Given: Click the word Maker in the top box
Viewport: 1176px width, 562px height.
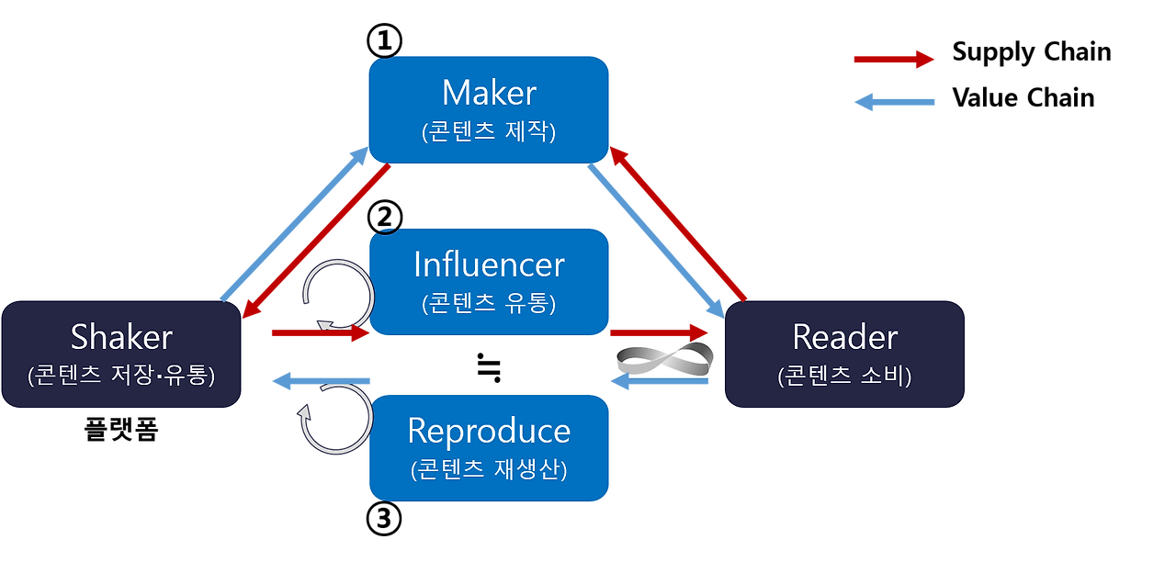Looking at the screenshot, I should coord(489,93).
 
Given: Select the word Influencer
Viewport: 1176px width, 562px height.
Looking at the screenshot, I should coord(489,264).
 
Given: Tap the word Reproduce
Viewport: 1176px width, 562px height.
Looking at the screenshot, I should coord(489,431).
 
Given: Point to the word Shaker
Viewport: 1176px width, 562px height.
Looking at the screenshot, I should coord(121,337).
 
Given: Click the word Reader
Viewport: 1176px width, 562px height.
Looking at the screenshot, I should coord(844,337).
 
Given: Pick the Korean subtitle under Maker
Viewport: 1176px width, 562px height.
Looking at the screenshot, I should coord(489,131).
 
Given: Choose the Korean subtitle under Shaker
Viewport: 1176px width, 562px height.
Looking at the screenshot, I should coord(121,375).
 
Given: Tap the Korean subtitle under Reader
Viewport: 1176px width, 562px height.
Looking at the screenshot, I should coord(844,376).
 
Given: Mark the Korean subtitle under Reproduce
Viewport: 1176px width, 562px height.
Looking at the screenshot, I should coord(489,469).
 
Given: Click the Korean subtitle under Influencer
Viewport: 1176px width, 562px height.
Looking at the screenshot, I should coord(489,303).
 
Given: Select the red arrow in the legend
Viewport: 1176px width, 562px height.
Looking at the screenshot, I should coord(893,60).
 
